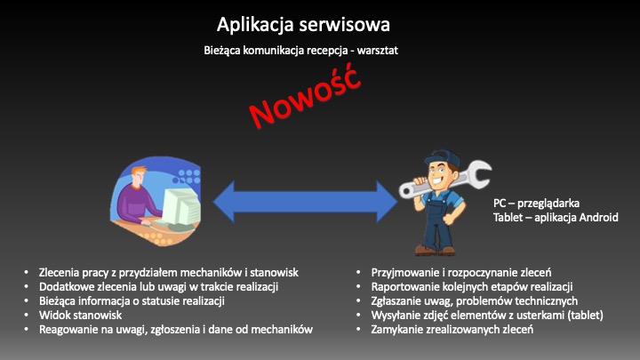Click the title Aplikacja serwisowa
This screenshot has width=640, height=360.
303,25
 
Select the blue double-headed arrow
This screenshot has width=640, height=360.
305,201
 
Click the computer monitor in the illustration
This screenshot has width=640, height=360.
179,206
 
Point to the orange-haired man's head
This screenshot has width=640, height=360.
138,175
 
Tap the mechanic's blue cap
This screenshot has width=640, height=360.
443,157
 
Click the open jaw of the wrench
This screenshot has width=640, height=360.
481,173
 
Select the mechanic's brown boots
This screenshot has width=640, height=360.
435,250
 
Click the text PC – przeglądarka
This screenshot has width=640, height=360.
536,203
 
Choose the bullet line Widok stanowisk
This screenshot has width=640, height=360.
80,315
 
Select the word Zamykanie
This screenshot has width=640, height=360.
396,330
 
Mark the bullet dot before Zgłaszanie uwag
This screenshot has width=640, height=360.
358,300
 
